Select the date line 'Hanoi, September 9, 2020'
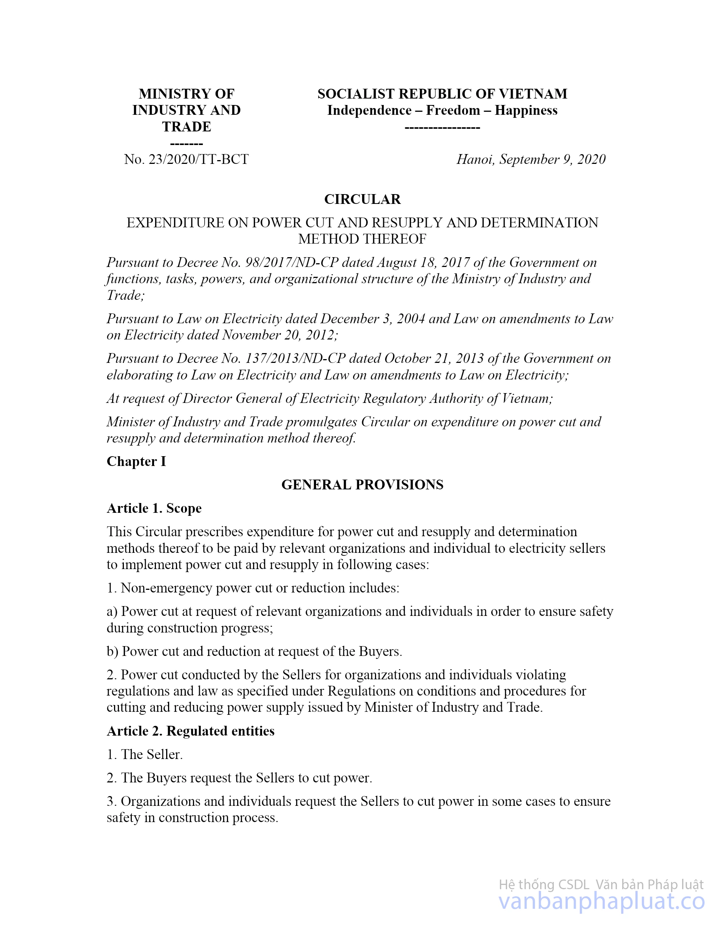(x=531, y=159)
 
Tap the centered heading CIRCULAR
(x=362, y=199)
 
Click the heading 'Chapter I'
(x=136, y=461)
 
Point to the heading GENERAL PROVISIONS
(x=362, y=485)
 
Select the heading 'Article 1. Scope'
(x=154, y=508)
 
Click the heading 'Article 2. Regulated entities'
(x=190, y=731)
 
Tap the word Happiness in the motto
(x=526, y=110)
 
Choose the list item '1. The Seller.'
(x=145, y=754)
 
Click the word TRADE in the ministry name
(x=187, y=127)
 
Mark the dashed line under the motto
(x=442, y=128)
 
